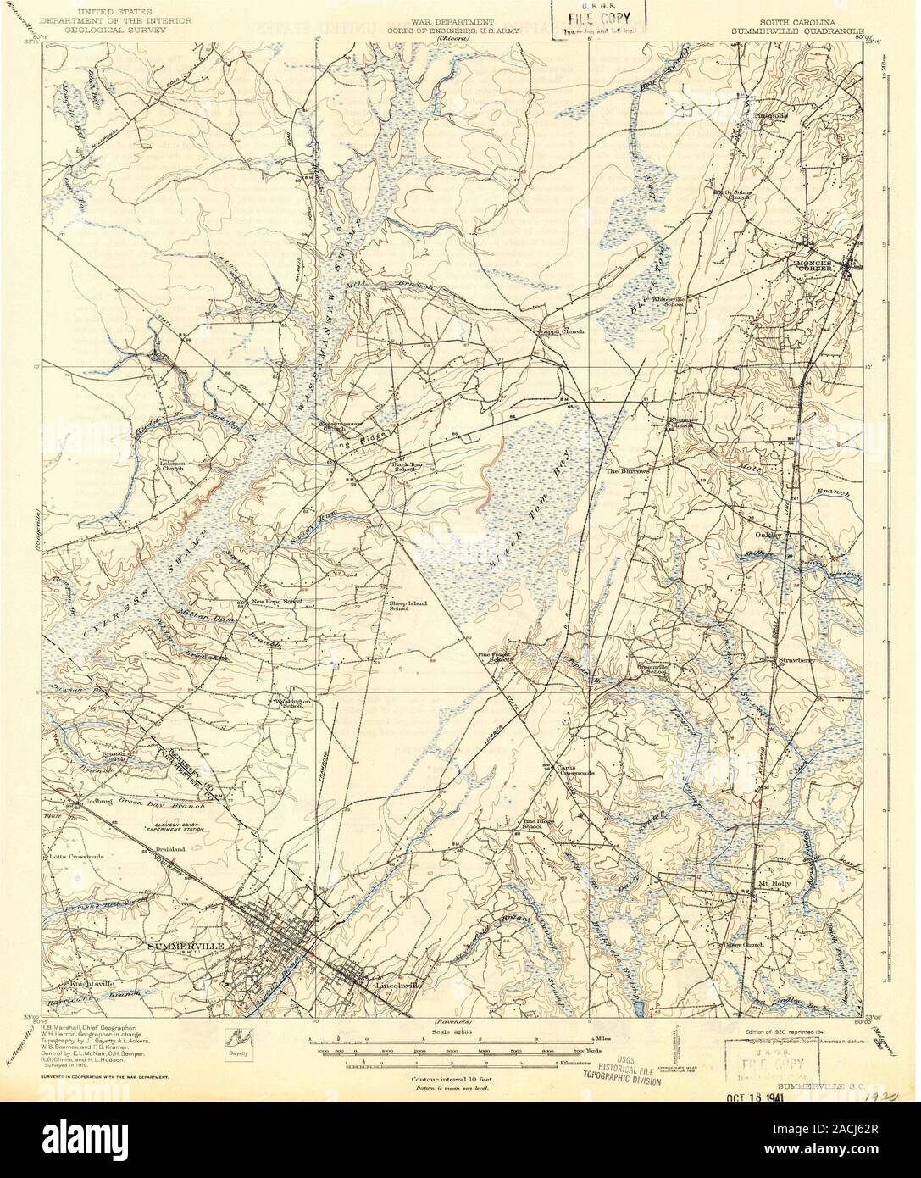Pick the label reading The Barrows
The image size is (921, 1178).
(x=625, y=469)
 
